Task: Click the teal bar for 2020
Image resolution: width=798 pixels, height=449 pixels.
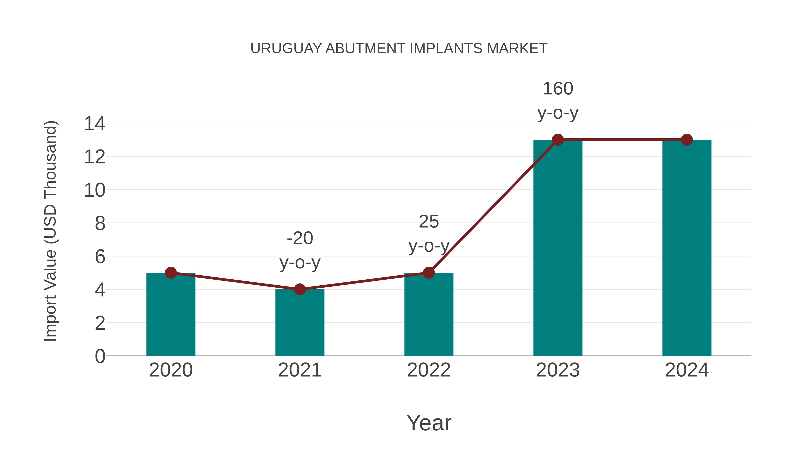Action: click(x=171, y=314)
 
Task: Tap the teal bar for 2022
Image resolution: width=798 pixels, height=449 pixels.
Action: click(x=429, y=314)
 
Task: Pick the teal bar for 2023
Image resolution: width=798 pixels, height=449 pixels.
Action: click(x=558, y=248)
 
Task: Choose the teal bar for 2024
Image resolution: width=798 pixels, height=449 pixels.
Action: click(x=687, y=248)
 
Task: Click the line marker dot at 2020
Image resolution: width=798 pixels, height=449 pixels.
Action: click(x=171, y=273)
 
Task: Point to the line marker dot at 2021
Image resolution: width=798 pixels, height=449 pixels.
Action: click(x=299, y=289)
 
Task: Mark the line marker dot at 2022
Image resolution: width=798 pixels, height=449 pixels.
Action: click(x=429, y=273)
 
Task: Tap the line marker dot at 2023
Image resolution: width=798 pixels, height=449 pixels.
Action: click(x=558, y=140)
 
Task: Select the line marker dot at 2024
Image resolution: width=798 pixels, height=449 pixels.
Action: click(x=687, y=140)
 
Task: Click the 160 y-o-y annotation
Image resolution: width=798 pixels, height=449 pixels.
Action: click(x=558, y=101)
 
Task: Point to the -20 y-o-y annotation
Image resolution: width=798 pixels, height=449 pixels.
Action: click(x=299, y=250)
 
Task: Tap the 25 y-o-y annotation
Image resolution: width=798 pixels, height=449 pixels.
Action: click(x=429, y=234)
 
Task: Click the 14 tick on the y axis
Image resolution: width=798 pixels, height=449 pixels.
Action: click(x=94, y=124)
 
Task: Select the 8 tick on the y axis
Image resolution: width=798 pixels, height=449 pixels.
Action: click(x=100, y=224)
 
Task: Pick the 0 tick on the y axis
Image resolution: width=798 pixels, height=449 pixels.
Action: click(x=100, y=356)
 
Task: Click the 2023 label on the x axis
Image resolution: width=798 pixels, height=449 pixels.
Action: click(x=558, y=370)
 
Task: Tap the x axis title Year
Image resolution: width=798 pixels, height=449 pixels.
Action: click(x=429, y=423)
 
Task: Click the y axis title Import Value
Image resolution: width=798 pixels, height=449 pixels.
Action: click(x=50, y=231)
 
